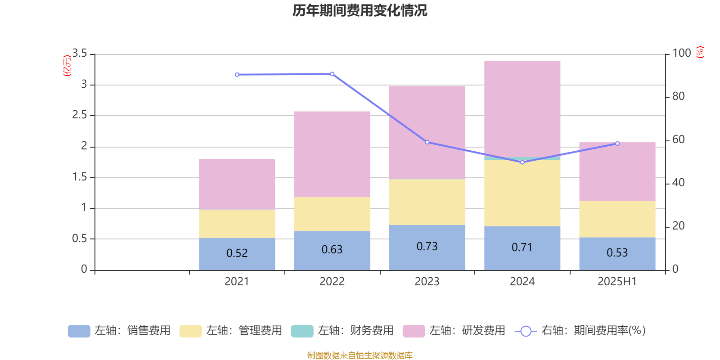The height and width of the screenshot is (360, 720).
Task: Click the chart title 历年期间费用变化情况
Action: (x=360, y=10)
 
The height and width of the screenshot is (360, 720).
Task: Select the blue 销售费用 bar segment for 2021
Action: (x=237, y=261)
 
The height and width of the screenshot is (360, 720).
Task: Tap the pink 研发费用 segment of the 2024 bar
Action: (x=522, y=108)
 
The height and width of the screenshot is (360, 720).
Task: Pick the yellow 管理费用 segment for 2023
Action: (x=427, y=202)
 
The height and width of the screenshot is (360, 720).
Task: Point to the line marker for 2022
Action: (x=332, y=74)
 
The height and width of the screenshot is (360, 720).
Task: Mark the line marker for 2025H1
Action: (x=617, y=144)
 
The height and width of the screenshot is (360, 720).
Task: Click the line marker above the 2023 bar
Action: (x=427, y=142)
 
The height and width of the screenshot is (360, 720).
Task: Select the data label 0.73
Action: (x=427, y=247)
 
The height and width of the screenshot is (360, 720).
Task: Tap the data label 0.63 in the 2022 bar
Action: (x=332, y=250)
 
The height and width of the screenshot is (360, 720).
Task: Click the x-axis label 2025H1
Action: (x=617, y=282)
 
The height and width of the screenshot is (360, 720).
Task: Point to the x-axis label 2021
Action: (x=237, y=282)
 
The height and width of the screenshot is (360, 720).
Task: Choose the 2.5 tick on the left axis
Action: (x=79, y=115)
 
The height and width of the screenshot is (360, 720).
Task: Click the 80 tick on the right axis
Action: (x=678, y=96)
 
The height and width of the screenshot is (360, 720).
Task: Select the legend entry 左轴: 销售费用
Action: (x=119, y=331)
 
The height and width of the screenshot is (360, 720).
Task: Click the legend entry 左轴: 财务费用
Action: (x=342, y=331)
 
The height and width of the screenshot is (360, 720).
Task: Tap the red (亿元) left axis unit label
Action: (x=67, y=66)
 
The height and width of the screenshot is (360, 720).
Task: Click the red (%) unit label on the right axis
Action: (x=700, y=52)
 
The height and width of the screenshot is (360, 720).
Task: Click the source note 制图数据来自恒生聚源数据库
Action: (x=360, y=355)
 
